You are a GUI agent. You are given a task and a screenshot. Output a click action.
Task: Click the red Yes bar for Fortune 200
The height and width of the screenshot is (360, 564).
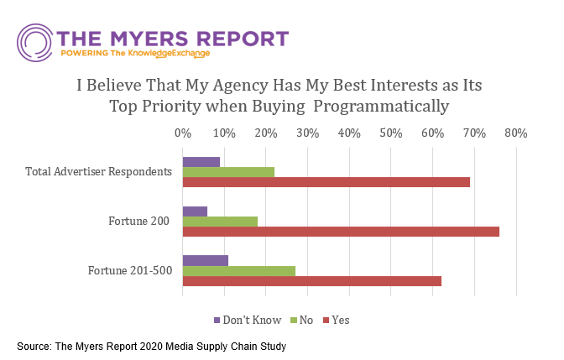[341, 232]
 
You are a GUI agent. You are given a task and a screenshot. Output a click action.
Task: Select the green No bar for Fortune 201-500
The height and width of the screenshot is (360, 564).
[238, 270]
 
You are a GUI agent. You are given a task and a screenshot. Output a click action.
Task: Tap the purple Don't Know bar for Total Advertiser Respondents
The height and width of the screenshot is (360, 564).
[201, 162]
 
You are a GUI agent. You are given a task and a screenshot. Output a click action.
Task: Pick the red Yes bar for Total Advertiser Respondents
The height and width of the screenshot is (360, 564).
[326, 182]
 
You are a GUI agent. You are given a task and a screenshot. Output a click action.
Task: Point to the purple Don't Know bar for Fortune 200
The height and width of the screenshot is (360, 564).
[195, 211]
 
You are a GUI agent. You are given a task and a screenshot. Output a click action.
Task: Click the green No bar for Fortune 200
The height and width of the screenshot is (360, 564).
[220, 222]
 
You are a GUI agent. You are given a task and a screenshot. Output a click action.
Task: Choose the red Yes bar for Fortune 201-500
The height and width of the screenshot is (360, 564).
[311, 280]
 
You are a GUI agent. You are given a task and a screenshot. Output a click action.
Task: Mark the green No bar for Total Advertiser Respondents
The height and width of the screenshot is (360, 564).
[228, 172]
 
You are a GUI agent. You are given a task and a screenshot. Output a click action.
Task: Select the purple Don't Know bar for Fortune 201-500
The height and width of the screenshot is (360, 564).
[205, 260]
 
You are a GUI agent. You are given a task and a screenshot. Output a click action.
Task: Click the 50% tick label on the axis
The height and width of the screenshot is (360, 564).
[390, 133]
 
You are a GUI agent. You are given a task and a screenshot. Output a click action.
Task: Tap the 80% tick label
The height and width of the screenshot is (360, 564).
[515, 133]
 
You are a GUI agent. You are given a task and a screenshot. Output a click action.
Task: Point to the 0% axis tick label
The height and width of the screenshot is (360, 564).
[182, 133]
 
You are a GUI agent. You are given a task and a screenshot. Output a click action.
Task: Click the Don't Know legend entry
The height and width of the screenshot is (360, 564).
[248, 320]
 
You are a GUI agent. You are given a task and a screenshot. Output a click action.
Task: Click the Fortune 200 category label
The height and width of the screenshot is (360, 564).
[139, 222]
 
